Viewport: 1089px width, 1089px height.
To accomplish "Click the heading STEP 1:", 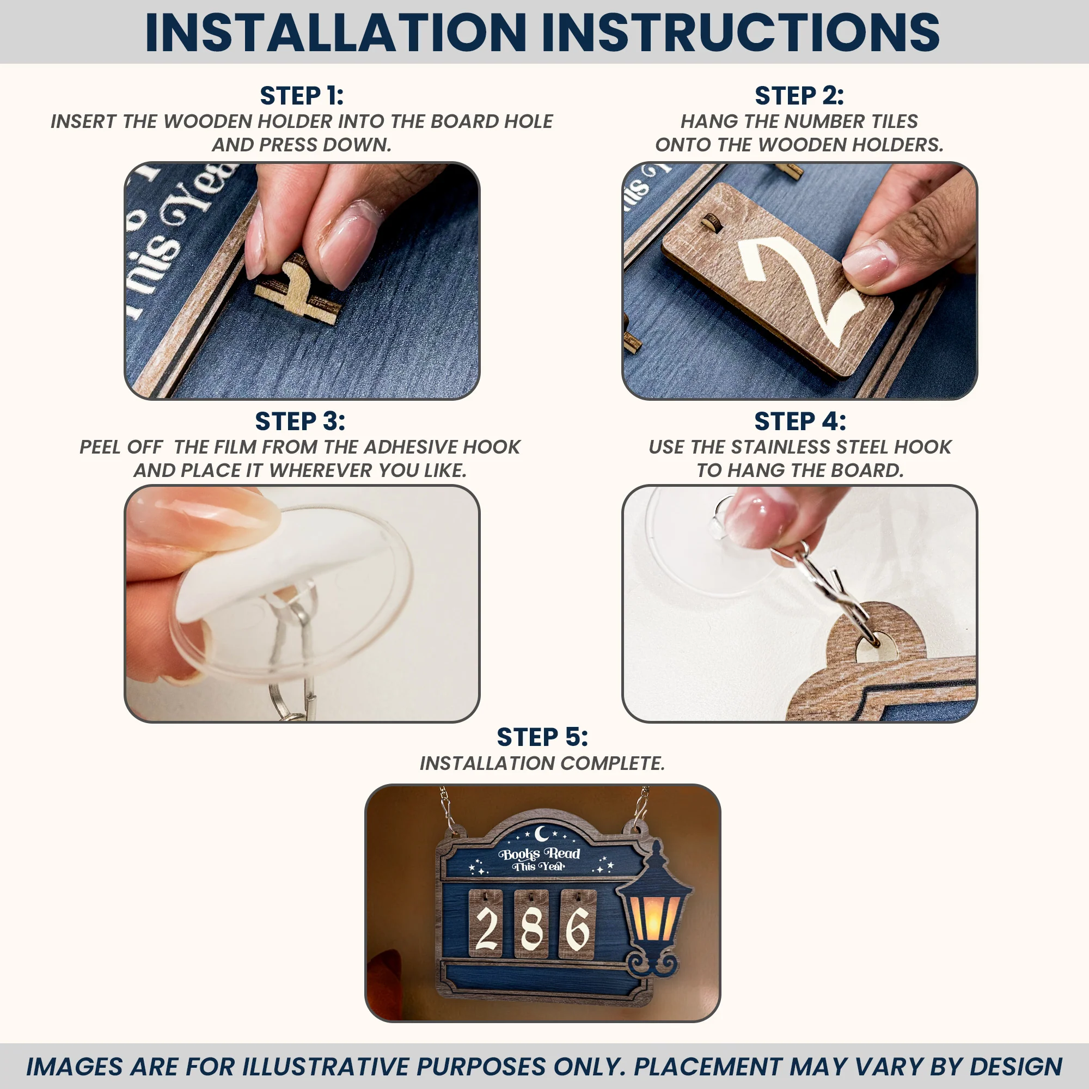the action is (302, 96).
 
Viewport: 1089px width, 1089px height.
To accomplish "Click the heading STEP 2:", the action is (799, 96).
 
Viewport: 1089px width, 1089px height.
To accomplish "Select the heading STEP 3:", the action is (300, 421).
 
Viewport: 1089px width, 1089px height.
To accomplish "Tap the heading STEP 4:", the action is (800, 421).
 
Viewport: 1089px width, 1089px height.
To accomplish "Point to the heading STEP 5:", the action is (542, 737).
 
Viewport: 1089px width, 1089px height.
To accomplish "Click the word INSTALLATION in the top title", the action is (336, 32).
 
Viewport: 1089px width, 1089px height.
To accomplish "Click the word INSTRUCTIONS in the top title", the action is (741, 32).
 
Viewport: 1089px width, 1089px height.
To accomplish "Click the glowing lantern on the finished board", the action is (654, 909).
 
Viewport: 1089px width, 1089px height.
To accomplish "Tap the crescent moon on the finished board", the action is (542, 833).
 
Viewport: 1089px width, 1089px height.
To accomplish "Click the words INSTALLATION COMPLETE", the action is (542, 763).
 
